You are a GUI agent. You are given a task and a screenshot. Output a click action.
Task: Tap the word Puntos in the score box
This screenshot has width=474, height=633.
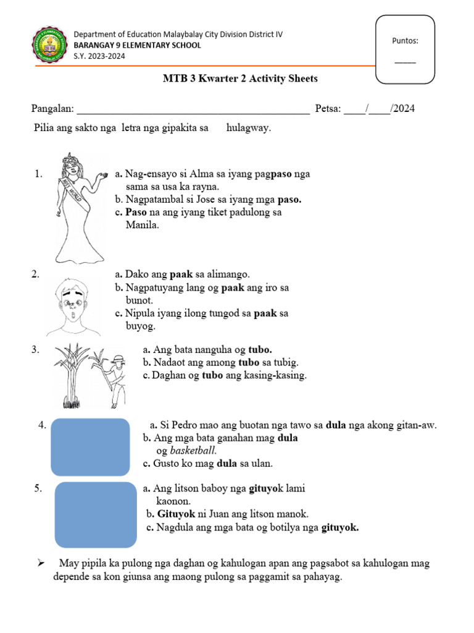(x=405, y=41)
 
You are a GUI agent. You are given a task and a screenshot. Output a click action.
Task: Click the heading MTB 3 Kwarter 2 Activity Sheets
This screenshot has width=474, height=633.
(x=240, y=79)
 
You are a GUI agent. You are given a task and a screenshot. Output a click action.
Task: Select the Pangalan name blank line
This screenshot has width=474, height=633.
(x=192, y=110)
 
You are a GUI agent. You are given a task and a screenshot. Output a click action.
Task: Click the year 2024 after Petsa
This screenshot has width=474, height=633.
(x=404, y=109)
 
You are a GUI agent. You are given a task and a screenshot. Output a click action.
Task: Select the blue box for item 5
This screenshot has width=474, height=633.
(x=96, y=514)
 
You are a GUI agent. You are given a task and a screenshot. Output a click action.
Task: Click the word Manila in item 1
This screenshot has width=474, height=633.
(x=143, y=225)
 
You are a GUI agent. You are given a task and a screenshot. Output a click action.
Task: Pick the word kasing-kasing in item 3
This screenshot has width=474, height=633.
(x=278, y=375)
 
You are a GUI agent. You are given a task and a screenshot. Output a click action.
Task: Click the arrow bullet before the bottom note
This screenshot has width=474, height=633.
(x=42, y=564)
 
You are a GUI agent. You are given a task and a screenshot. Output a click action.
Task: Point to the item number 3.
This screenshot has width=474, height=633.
(x=35, y=350)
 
